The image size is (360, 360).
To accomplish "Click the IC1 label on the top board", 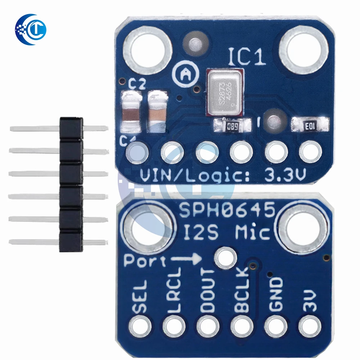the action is tap(247, 57).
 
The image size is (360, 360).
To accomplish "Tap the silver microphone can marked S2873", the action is tap(222, 92).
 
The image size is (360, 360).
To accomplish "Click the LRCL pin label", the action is tap(175, 294).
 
